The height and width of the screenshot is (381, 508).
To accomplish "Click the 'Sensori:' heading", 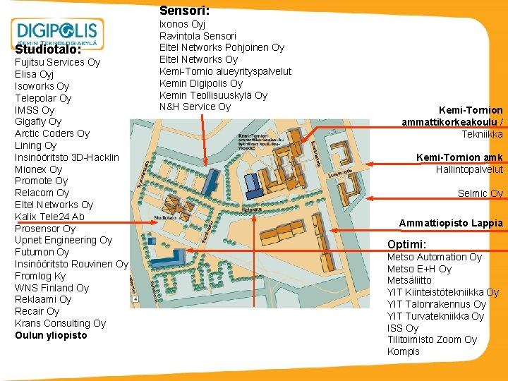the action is tap(184, 11).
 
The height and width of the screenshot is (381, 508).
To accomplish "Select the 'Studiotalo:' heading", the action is tap(48, 50).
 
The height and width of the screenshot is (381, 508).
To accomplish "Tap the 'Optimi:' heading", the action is tap(406, 244).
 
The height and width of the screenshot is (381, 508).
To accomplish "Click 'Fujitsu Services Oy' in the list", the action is tap(57, 62).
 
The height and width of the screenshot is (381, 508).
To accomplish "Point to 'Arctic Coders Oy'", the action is tap(52, 133).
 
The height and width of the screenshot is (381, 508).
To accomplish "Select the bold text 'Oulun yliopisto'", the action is tap(51, 335).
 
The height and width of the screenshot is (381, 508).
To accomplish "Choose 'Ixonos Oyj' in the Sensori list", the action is tap(182, 24).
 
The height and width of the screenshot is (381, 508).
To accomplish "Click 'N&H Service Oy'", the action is tap(195, 107).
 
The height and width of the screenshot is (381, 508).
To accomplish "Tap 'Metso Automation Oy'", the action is tap(434, 257).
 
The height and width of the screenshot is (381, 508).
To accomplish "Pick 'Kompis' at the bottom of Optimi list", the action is tap(403, 351).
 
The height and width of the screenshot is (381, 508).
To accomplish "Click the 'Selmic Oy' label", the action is tap(480, 193).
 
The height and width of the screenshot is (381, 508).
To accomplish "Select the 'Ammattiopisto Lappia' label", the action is tap(451, 223).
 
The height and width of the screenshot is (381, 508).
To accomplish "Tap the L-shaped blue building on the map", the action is tap(175, 263).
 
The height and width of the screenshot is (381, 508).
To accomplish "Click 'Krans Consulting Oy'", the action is tap(60, 323).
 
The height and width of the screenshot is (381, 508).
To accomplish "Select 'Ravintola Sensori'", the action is tap(198, 36).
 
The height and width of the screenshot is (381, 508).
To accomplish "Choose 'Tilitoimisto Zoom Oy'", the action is tap(432, 339).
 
